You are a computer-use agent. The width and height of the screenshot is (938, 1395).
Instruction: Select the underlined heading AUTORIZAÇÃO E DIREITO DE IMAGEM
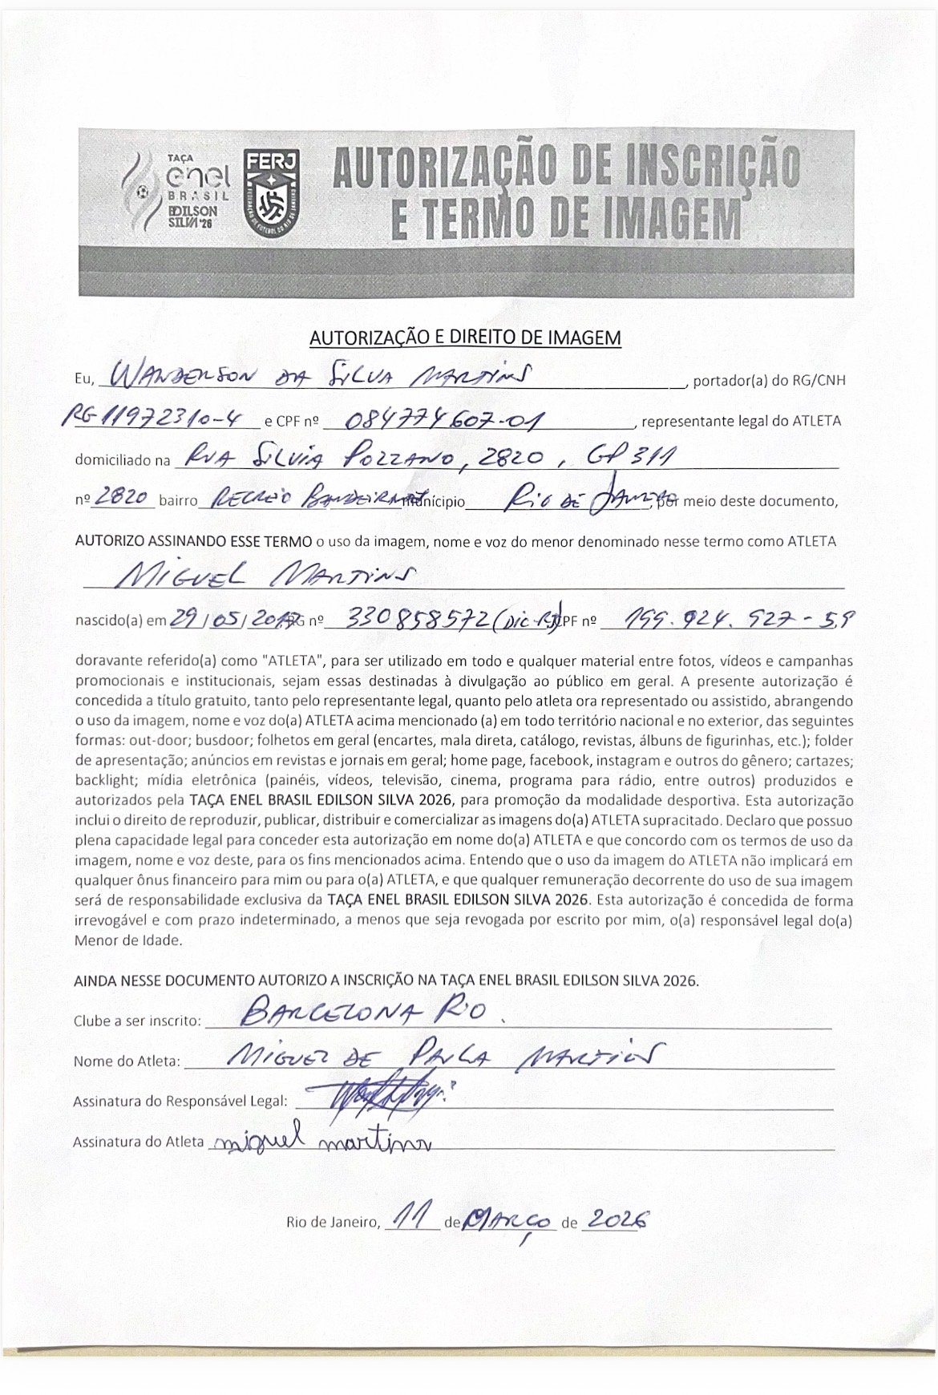(465, 338)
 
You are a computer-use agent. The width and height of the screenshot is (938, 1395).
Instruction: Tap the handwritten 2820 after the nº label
(123, 498)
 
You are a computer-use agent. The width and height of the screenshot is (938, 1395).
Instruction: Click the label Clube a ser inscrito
(137, 1021)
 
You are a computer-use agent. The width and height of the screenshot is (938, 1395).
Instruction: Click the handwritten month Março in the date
(510, 1219)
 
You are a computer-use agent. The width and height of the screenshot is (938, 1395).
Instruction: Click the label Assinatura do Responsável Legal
(180, 1102)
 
